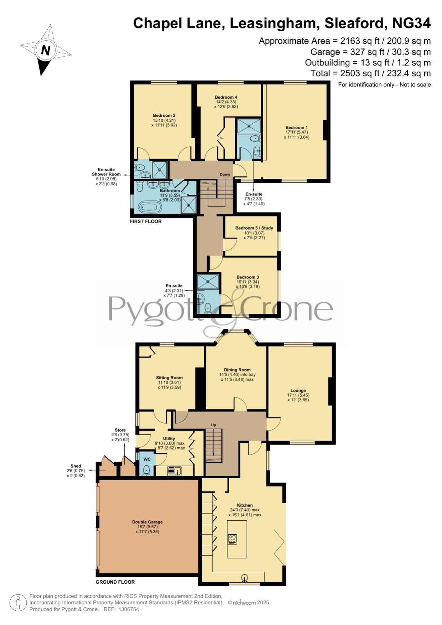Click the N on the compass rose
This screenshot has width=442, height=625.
[x=46, y=50]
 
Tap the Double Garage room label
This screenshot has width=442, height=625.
[x=147, y=522]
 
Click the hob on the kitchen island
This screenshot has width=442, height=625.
[x=232, y=539]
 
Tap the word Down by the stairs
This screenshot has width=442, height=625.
[x=225, y=175]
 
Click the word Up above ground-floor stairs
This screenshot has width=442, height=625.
[x=214, y=425]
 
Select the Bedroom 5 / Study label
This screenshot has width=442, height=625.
[x=254, y=228]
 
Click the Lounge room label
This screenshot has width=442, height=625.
[x=298, y=390]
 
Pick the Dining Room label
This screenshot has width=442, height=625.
[x=237, y=370]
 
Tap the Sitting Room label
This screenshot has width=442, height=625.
[x=169, y=377]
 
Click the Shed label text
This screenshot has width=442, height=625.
[x=76, y=466]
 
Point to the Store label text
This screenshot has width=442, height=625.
[x=120, y=430]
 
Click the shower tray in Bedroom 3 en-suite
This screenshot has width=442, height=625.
[x=208, y=282]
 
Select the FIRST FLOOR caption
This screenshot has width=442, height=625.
[x=146, y=222]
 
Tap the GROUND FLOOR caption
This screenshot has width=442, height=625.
[x=115, y=582]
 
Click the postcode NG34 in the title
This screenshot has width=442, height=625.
[x=411, y=23]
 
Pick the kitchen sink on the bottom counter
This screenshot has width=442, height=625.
[x=245, y=578]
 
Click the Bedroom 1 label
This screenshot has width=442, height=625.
[x=297, y=127]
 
